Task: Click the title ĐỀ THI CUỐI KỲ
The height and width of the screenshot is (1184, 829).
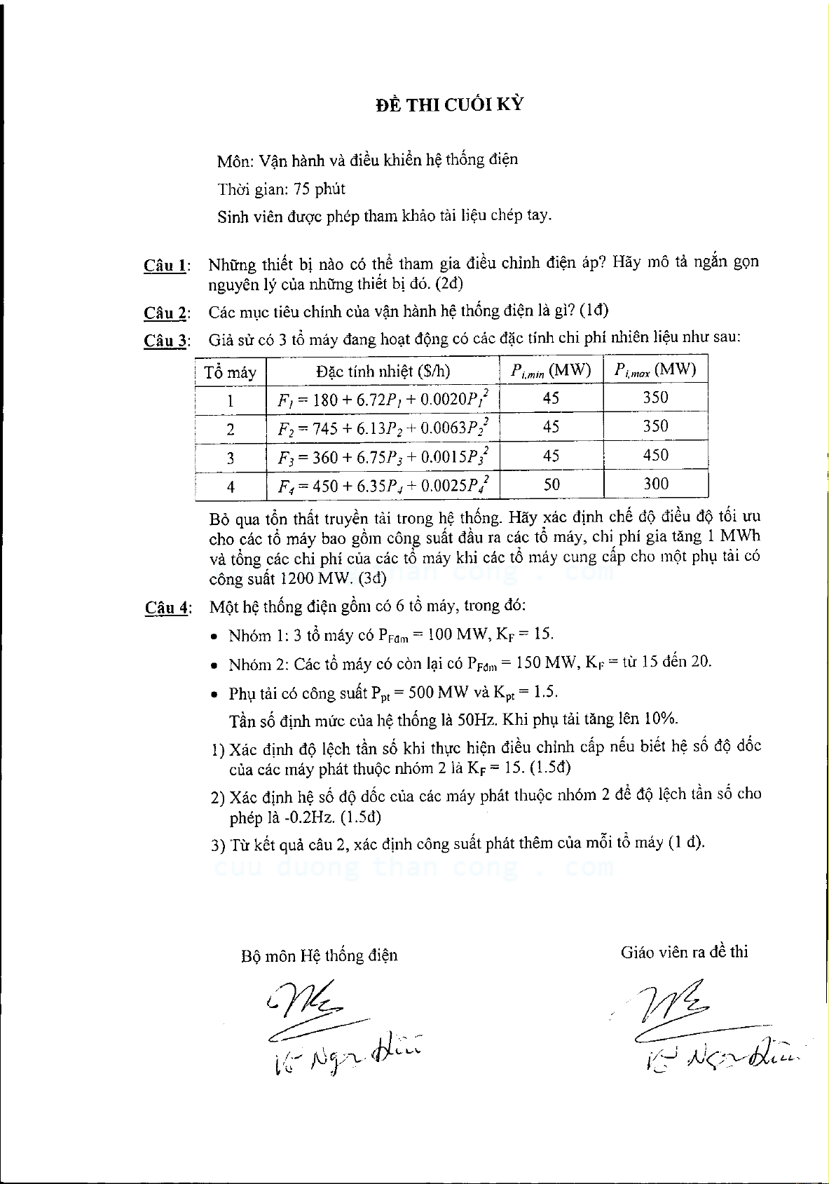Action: click(449, 105)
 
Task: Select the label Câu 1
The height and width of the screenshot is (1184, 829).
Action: click(165, 266)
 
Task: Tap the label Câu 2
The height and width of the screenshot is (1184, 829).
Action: click(165, 313)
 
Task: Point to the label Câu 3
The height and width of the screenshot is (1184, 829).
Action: click(165, 341)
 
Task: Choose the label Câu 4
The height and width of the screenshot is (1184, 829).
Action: click(167, 608)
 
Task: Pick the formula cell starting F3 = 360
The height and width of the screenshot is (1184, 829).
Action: click(383, 458)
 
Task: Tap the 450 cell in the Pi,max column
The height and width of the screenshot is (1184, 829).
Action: click(655, 456)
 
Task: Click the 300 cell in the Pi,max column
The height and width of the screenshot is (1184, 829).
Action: click(655, 484)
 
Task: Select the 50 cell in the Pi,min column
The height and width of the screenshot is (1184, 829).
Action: click(551, 484)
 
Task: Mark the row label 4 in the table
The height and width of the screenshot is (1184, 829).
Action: click(231, 486)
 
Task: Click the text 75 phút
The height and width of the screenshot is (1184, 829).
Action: click(320, 189)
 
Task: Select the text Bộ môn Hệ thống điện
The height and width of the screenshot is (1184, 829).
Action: click(319, 955)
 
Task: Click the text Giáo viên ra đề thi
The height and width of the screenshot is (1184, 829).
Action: click(684, 952)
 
